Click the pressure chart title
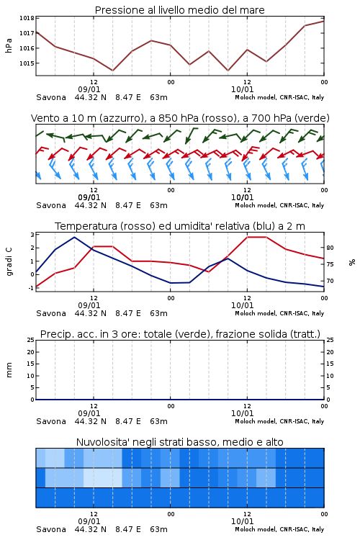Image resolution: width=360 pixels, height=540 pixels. (179, 10)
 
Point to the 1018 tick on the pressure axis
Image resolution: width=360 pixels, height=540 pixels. (27, 18)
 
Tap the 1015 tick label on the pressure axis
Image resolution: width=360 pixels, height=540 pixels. (27, 63)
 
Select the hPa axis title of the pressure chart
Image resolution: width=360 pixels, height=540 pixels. (9, 45)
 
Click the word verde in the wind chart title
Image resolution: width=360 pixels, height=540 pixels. (312, 118)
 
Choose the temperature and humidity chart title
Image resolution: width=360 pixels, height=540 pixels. (180, 226)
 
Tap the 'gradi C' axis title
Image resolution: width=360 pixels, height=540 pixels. (9, 261)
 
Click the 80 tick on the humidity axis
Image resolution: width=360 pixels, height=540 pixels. (330, 248)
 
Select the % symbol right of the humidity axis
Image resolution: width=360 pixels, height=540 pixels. (352, 262)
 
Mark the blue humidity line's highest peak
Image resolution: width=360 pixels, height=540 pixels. (74, 238)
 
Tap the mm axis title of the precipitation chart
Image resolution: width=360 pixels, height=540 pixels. (9, 370)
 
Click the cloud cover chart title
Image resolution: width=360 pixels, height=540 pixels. (179, 442)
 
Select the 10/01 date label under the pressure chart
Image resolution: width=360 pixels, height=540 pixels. (242, 89)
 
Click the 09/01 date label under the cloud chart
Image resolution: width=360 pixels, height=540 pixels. (89, 521)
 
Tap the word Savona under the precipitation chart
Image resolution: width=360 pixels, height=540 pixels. (51, 421)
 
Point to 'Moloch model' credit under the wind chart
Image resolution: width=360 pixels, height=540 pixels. (256, 205)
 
